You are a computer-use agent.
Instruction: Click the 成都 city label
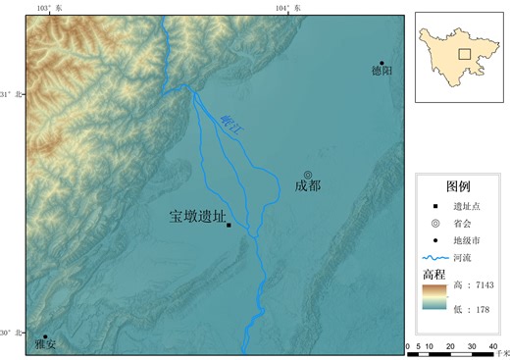(308, 185)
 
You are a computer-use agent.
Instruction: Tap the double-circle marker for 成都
(308, 174)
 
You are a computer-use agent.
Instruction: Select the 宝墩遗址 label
(197, 217)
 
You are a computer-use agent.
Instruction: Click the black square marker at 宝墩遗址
(229, 226)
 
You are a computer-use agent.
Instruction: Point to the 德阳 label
(382, 72)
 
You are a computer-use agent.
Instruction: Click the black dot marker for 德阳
(382, 62)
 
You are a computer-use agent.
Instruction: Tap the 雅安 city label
(45, 345)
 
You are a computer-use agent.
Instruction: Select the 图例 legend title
(458, 186)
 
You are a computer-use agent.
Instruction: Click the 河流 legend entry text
(462, 257)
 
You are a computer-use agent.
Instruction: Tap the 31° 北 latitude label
(10, 94)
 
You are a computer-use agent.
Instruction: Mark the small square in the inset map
(464, 54)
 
